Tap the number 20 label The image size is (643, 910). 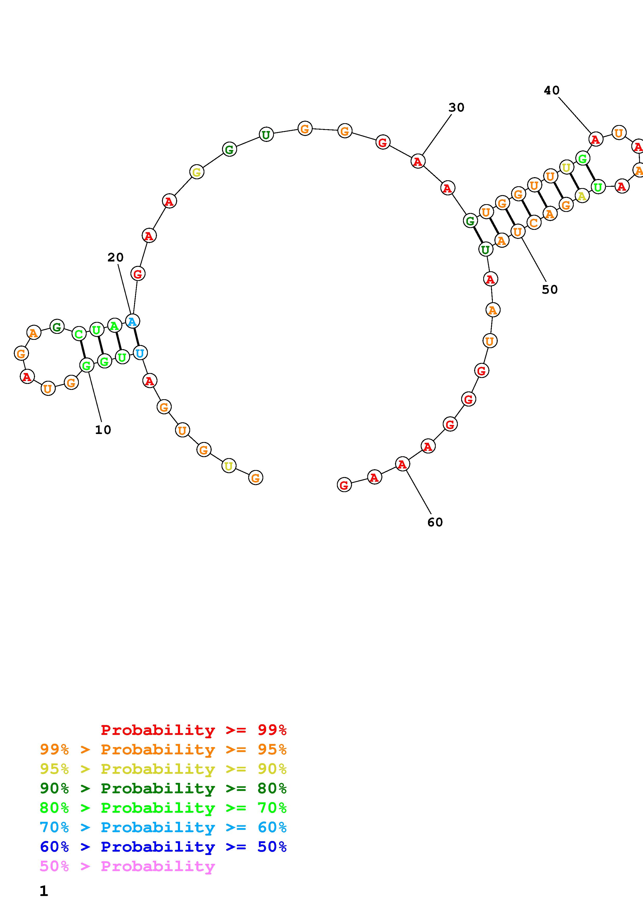coord(115,258)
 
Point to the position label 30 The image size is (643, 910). coord(457,107)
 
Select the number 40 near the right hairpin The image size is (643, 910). coord(551,90)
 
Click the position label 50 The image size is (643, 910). coord(550,290)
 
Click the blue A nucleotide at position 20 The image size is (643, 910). coord(132,321)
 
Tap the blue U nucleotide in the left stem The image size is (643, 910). coord(140,352)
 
